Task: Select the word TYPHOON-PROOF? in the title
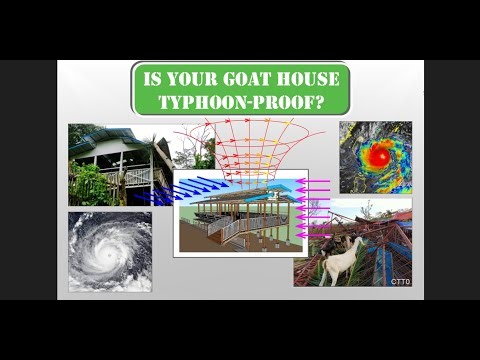tap(241, 102)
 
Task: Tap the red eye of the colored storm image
tap(380, 157)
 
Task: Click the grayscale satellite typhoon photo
tap(110, 250)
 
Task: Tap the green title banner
tap(241, 90)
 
